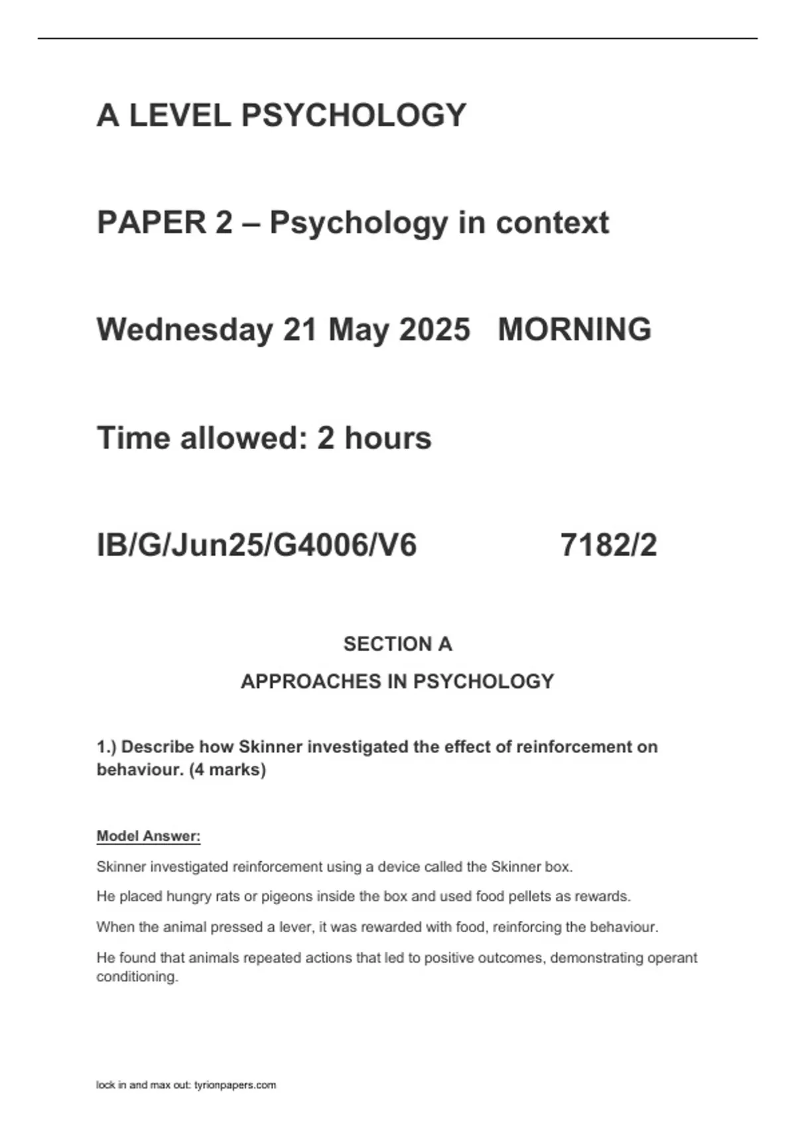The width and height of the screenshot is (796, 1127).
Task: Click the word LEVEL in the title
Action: [x=179, y=115]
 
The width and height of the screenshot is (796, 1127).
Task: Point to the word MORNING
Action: [x=574, y=330]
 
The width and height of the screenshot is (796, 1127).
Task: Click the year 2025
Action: [x=434, y=330]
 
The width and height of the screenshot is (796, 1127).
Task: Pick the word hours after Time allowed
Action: [x=387, y=438]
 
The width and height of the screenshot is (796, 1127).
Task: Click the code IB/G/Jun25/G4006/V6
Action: [x=257, y=546]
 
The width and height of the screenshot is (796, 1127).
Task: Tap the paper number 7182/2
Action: [x=608, y=546]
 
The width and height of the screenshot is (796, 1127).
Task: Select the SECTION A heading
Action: [x=397, y=644]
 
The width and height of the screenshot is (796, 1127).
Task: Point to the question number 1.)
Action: [x=107, y=747]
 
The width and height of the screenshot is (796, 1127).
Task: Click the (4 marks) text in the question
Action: [x=228, y=770]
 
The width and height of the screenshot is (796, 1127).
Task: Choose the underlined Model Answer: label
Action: [x=149, y=836]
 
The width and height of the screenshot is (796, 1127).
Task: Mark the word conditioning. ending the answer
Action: [x=137, y=977]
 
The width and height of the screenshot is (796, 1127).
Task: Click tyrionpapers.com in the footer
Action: [x=235, y=1085]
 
